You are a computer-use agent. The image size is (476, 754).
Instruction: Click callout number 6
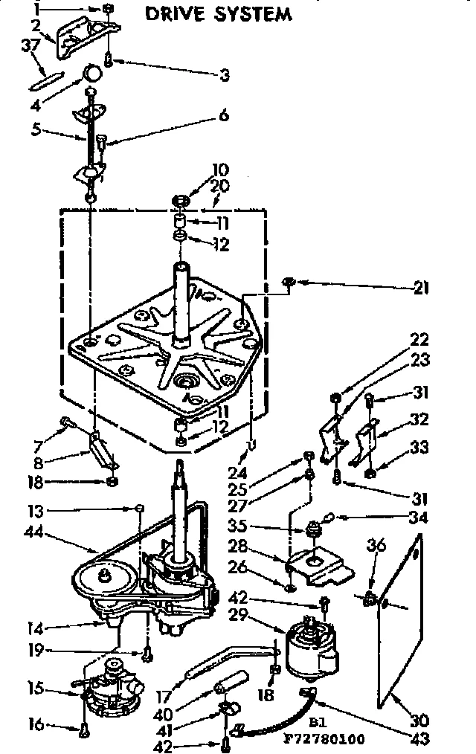[222, 115]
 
